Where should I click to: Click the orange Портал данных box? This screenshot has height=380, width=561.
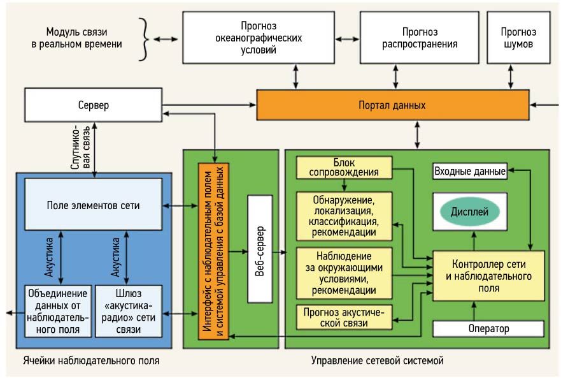click(x=392, y=105)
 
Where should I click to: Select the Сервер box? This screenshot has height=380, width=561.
click(x=93, y=105)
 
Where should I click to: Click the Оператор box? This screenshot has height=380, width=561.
click(x=488, y=329)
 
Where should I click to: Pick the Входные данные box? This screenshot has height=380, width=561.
click(x=470, y=171)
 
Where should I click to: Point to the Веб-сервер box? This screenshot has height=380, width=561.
click(x=260, y=249)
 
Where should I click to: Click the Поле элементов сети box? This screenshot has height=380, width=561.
click(x=93, y=205)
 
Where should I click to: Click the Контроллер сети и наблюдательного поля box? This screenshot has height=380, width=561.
click(x=489, y=276)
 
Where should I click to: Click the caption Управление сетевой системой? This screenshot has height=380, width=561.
click(x=377, y=361)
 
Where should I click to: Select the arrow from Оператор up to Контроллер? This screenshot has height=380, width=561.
click(x=473, y=311)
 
